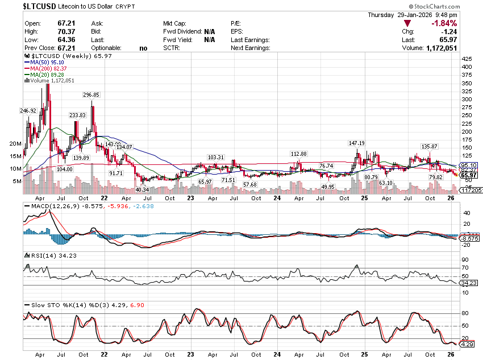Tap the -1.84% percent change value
444,23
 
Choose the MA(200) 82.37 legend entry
45,68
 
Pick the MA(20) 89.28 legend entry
44,75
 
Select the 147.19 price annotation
357,143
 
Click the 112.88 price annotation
298,154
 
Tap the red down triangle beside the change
407,23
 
